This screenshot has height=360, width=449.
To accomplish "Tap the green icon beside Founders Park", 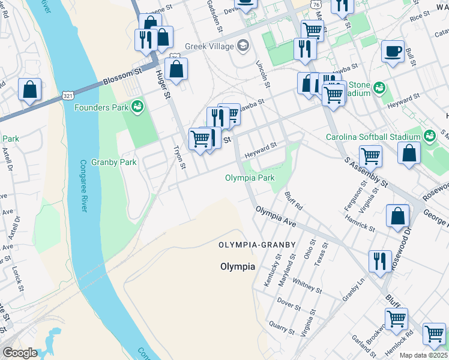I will (x=137, y=107).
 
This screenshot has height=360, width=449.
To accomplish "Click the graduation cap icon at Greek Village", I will (x=243, y=45).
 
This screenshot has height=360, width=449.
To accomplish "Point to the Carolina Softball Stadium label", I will (x=373, y=137).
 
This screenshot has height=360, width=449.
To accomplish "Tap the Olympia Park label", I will (x=250, y=178).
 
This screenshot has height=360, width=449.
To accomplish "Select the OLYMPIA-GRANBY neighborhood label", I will (x=257, y=245).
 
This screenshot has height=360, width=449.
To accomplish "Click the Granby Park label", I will (x=114, y=162).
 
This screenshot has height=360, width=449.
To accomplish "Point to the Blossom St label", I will (x=122, y=76).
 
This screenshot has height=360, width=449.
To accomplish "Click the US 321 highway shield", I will (x=68, y=95).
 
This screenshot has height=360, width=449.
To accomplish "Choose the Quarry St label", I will (x=282, y=327).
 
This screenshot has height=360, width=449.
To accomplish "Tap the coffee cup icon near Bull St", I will (x=393, y=52).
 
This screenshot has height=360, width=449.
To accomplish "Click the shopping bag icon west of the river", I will (x=29, y=90).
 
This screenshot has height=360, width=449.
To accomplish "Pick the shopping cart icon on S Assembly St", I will (x=370, y=157).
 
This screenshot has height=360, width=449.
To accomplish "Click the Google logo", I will (x=20, y=353).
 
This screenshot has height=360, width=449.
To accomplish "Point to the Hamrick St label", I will (x=360, y=224).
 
